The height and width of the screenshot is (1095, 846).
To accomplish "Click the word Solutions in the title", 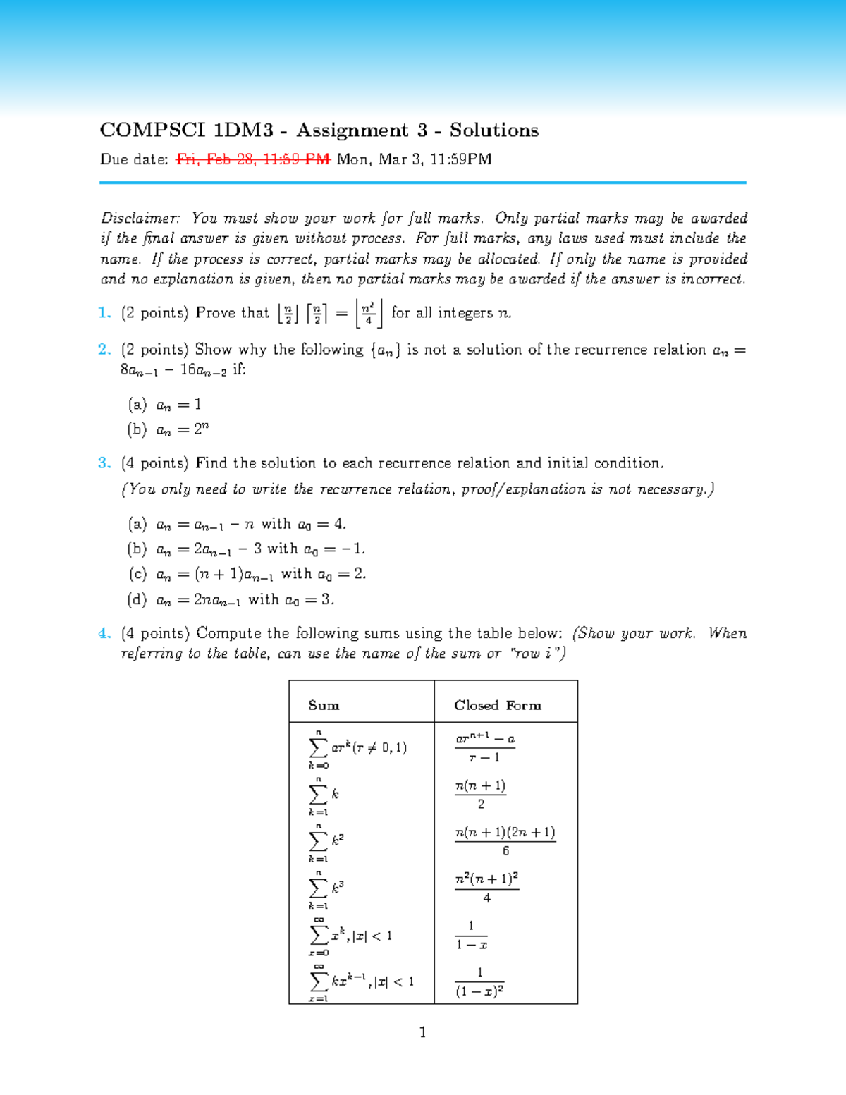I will [x=494, y=130].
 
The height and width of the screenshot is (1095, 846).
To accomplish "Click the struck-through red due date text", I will [x=253, y=159].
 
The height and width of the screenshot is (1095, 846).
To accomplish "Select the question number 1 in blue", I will [x=104, y=313].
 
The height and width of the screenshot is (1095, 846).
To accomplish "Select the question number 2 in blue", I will [x=104, y=350].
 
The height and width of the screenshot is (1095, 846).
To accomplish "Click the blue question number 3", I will [x=104, y=463].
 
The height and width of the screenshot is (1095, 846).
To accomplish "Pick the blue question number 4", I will [x=104, y=633].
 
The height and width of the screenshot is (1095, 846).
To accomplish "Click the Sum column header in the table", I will [x=324, y=705].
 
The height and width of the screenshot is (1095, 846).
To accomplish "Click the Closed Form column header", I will [x=498, y=705].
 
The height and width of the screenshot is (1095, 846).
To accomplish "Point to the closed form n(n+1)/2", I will [x=481, y=794].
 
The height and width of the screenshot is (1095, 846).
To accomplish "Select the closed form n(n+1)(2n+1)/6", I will [x=505, y=840].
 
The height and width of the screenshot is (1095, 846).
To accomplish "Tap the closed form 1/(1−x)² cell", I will [x=479, y=981].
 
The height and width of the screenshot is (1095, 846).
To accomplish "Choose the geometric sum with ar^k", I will [x=358, y=747].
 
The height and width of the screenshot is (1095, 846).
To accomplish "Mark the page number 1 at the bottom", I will [x=422, y=1033].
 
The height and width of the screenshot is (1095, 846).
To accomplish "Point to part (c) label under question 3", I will [x=137, y=574].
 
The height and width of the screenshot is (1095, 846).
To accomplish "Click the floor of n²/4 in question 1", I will [x=369, y=313].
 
